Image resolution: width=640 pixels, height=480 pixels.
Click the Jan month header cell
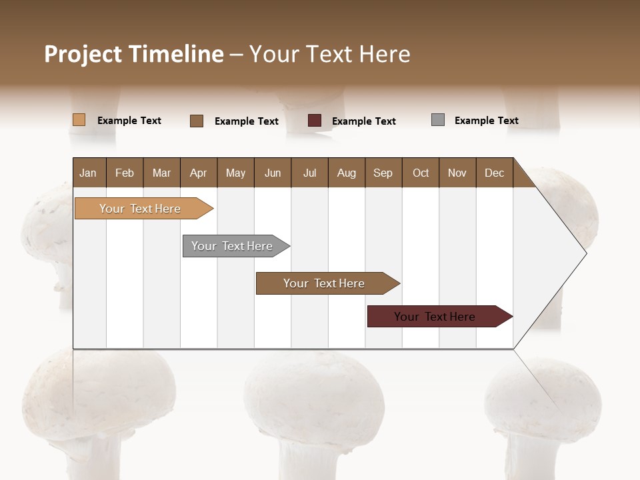(89, 173)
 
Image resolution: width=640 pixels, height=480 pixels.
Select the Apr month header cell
(199, 173)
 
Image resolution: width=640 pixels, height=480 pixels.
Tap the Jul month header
(309, 173)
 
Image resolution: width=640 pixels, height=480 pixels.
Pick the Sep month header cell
(383, 173)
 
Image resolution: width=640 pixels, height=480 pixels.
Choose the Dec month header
(494, 173)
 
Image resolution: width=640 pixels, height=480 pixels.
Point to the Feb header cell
(125, 173)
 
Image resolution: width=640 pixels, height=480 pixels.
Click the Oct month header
(421, 173)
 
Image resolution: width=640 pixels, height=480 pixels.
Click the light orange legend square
(79, 120)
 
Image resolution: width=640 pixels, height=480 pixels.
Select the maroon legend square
(315, 121)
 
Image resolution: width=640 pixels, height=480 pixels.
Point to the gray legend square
(438, 120)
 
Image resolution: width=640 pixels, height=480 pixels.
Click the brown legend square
(197, 121)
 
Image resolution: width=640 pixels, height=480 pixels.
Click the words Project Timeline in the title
(133, 54)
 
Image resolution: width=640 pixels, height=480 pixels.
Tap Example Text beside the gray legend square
(486, 121)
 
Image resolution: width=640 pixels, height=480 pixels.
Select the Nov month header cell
(457, 173)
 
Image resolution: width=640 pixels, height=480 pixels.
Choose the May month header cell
(235, 173)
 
